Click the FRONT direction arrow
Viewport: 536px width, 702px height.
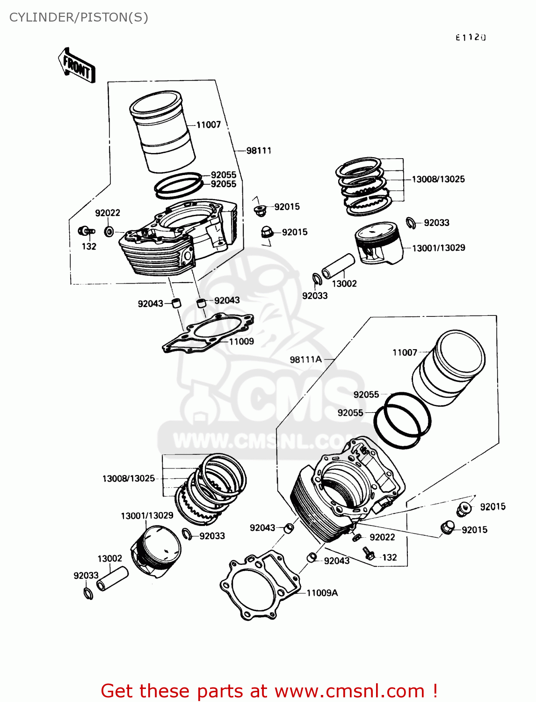pyautogui.click(x=77, y=66)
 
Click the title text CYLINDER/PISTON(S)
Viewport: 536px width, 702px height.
pyautogui.click(x=79, y=17)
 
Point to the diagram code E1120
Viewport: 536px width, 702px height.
pyautogui.click(x=471, y=37)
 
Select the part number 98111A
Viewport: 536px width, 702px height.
pyautogui.click(x=305, y=359)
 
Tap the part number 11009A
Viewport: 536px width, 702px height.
pyautogui.click(x=322, y=593)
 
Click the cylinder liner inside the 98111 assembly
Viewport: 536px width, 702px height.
pyautogui.click(x=162, y=131)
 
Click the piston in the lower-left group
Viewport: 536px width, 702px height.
pyautogui.click(x=156, y=550)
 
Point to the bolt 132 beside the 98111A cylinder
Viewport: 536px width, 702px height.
pyautogui.click(x=369, y=554)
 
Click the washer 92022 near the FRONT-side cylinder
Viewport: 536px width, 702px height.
pyautogui.click(x=109, y=231)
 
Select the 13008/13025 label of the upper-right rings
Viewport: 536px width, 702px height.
pyautogui.click(x=438, y=179)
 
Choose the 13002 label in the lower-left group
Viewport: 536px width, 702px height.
pyautogui.click(x=109, y=558)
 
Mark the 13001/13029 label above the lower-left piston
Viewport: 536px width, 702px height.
pyautogui.click(x=147, y=516)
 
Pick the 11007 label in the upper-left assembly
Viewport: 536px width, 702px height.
pyautogui.click(x=208, y=125)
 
